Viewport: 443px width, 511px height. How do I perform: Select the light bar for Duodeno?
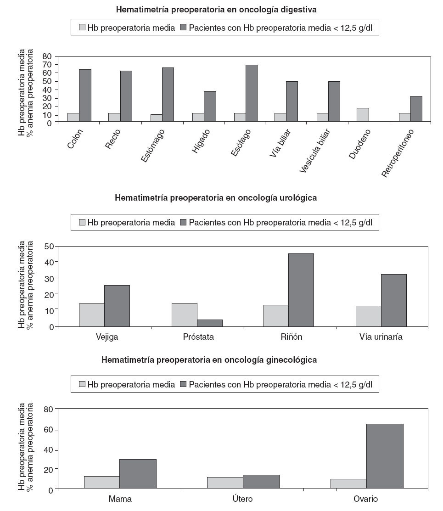tap(362, 115)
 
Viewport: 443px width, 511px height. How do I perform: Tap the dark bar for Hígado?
tap(210, 107)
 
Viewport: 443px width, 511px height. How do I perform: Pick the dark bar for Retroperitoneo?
tap(416, 109)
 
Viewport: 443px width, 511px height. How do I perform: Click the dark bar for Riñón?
tap(301, 290)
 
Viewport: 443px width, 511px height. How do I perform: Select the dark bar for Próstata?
tap(210, 323)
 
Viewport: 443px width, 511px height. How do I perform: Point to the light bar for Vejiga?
tap(91, 314)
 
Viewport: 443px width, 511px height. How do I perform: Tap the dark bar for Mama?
tap(138, 473)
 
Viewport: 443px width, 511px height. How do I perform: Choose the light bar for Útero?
tap(224, 483)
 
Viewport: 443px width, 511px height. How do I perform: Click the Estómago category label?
tap(153, 146)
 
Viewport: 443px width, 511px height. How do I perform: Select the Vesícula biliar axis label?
tap(316, 150)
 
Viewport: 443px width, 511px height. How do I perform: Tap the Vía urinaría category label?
tap(381, 337)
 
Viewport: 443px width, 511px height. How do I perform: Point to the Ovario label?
tap(365, 499)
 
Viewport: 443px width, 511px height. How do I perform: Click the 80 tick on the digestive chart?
tap(46, 56)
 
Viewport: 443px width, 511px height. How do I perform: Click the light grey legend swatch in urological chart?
tap(82, 223)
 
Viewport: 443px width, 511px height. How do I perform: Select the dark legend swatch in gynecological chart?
tap(183, 384)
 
